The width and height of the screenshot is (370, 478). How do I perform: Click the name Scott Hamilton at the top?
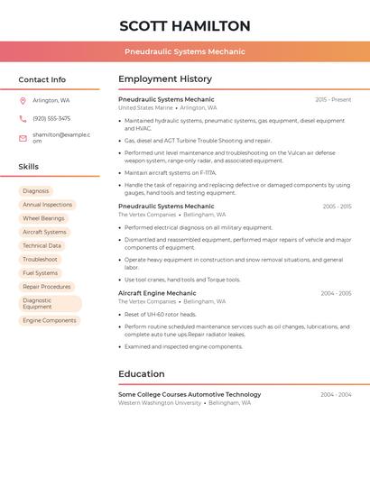point(184,26)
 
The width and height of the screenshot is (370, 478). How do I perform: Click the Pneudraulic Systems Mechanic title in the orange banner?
point(184,51)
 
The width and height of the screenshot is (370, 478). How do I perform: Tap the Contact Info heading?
point(42,79)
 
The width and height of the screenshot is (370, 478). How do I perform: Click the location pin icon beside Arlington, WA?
point(23,101)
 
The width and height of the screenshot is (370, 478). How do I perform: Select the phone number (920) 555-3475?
point(51,118)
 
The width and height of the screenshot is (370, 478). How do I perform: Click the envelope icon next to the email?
point(23,138)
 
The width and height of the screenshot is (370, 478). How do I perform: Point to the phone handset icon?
point(23,118)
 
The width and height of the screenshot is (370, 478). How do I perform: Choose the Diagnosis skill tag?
point(36,191)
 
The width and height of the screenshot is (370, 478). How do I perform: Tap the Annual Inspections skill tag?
point(47,205)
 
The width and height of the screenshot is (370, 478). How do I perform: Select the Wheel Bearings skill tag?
point(43,218)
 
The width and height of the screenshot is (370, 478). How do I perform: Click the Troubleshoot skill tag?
point(40,259)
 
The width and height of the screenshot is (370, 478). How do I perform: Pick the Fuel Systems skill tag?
point(40,272)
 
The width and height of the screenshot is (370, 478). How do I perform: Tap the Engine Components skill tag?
point(49,320)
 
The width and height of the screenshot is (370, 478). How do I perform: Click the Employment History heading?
point(165,79)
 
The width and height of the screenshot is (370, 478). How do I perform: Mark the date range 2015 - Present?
point(333,99)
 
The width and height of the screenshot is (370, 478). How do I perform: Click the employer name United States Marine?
point(145,107)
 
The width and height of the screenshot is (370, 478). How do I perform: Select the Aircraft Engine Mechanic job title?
point(157,293)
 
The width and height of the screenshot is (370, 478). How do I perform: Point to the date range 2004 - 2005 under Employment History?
point(336,293)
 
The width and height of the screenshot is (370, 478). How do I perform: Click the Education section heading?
point(142,373)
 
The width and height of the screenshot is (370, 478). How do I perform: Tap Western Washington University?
point(160,402)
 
